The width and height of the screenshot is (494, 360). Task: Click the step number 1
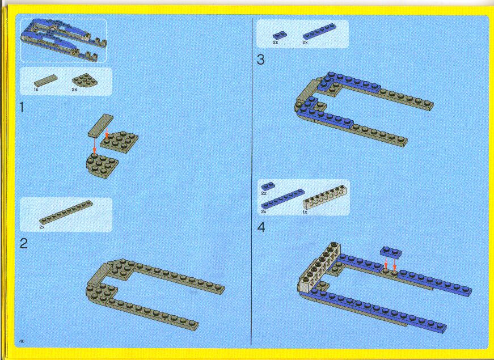coord(22,108)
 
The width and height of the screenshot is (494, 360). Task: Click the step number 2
coord(24,243)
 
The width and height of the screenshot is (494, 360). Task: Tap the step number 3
coord(260,60)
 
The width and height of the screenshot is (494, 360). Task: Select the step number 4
coord(261,227)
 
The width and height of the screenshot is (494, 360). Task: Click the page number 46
coord(22,341)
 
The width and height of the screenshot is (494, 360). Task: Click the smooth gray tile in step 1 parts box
coord(46,81)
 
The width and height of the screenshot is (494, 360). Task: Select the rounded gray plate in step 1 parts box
coord(85,80)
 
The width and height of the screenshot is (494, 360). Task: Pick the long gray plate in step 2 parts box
coord(66,212)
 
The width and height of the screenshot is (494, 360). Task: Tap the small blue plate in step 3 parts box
coord(280,36)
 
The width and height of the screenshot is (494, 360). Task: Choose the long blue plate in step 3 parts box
coord(319,32)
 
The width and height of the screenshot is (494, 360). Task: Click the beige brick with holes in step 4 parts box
coord(323,198)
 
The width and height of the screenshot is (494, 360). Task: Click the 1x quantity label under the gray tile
coord(36,90)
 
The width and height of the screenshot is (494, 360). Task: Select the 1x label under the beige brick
coord(305,212)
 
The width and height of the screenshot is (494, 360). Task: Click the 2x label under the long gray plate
coord(42,227)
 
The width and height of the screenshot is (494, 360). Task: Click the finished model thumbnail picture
coord(64,40)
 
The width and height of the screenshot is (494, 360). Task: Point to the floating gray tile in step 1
coord(100,125)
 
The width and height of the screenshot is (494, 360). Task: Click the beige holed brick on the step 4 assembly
coord(318,266)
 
